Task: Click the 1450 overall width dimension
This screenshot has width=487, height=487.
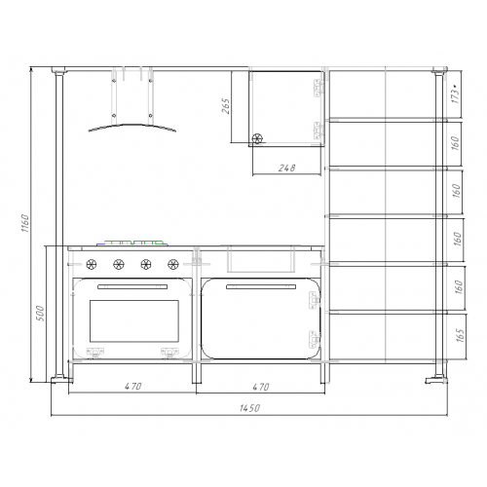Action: pyautogui.click(x=249, y=408)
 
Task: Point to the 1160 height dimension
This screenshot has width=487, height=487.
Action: pyautogui.click(x=25, y=223)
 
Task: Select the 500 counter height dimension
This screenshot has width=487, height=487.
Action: pyautogui.click(x=40, y=314)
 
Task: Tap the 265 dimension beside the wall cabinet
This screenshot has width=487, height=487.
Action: pyautogui.click(x=226, y=106)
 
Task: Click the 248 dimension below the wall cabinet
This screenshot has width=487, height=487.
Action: pyautogui.click(x=287, y=168)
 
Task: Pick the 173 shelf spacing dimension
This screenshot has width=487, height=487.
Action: pyautogui.click(x=456, y=94)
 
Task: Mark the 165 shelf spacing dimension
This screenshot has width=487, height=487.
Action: pyautogui.click(x=460, y=335)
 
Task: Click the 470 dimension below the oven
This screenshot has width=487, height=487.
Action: pyautogui.click(x=133, y=386)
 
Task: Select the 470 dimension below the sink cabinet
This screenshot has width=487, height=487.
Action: pyautogui.click(x=261, y=387)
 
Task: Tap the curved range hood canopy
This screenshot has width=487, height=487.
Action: pyautogui.click(x=132, y=126)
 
